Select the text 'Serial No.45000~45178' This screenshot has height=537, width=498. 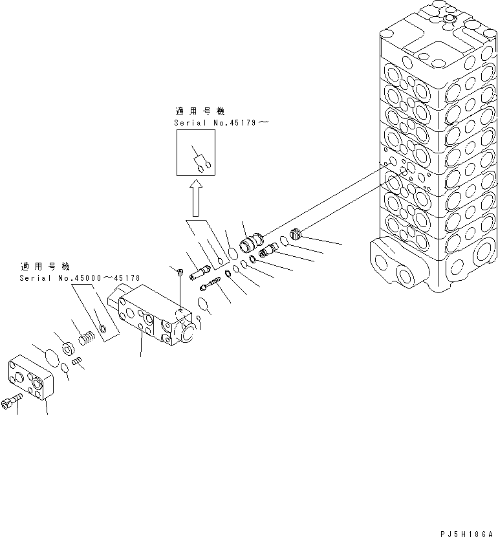[x=80, y=278]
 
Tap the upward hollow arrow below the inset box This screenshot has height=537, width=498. [x=196, y=199]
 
